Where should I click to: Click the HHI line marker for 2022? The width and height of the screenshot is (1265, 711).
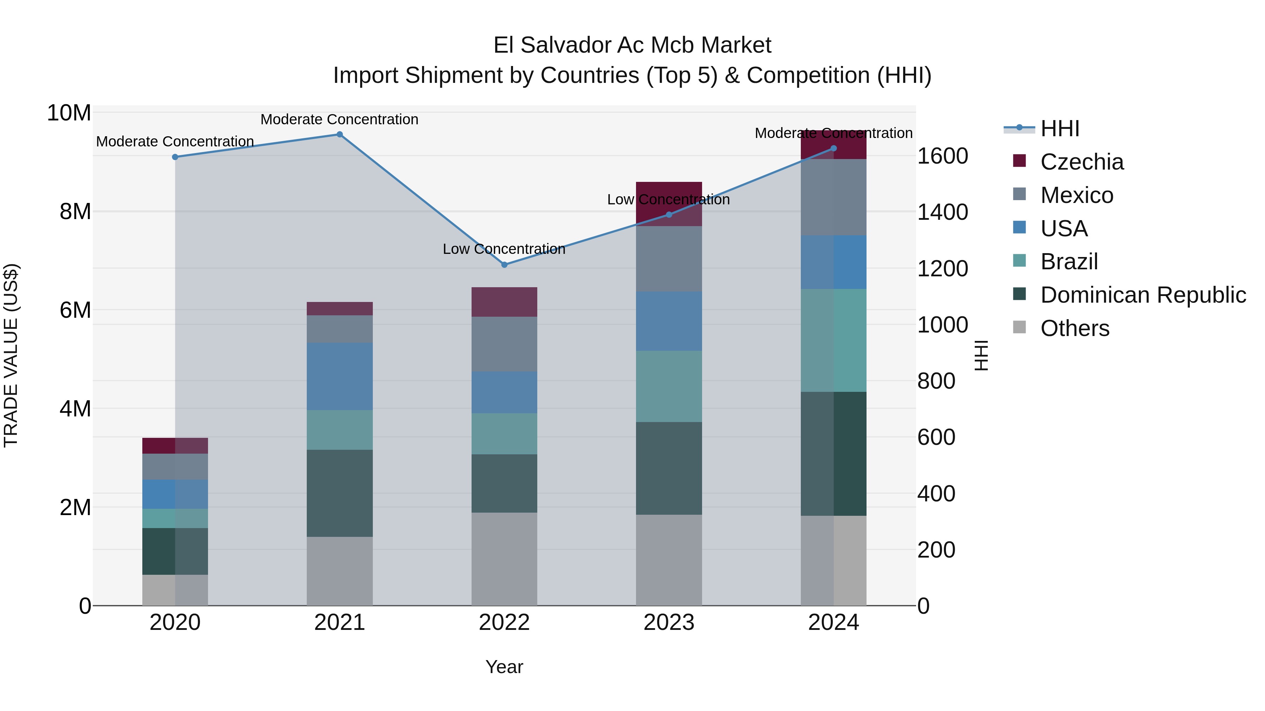tap(504, 264)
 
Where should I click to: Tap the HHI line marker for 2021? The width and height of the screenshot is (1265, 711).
tap(340, 134)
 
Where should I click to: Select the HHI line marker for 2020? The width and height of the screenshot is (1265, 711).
tap(175, 157)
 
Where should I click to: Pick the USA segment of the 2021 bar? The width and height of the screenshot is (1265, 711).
tap(340, 376)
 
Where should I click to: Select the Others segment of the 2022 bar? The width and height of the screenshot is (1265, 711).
tap(504, 559)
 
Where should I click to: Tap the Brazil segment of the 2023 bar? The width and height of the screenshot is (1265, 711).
tap(669, 386)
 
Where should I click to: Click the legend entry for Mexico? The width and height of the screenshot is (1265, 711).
tap(1076, 195)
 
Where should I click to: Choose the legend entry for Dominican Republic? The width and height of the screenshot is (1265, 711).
tap(1143, 295)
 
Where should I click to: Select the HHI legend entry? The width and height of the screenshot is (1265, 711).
tap(1059, 129)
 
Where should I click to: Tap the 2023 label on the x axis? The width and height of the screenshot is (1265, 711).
tap(669, 623)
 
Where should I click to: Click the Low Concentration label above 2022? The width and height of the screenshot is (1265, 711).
tap(504, 249)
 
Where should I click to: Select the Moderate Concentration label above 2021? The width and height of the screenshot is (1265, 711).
tap(340, 119)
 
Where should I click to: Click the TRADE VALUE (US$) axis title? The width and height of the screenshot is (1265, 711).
tap(11, 355)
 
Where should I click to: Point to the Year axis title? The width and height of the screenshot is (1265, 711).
tap(504, 667)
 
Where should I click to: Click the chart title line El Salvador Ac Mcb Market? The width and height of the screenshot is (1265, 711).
tap(632, 45)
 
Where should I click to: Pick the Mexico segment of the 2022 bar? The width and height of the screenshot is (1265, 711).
tap(504, 344)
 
